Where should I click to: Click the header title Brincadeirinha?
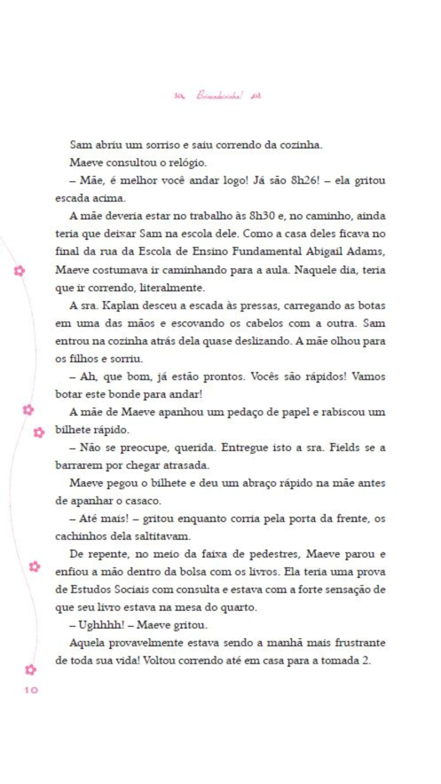219,95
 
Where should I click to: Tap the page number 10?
31,690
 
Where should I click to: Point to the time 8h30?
262,216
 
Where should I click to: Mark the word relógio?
187,162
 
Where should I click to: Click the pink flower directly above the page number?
30,669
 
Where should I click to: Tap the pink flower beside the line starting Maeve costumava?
19,271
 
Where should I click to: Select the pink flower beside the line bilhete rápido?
39,432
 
